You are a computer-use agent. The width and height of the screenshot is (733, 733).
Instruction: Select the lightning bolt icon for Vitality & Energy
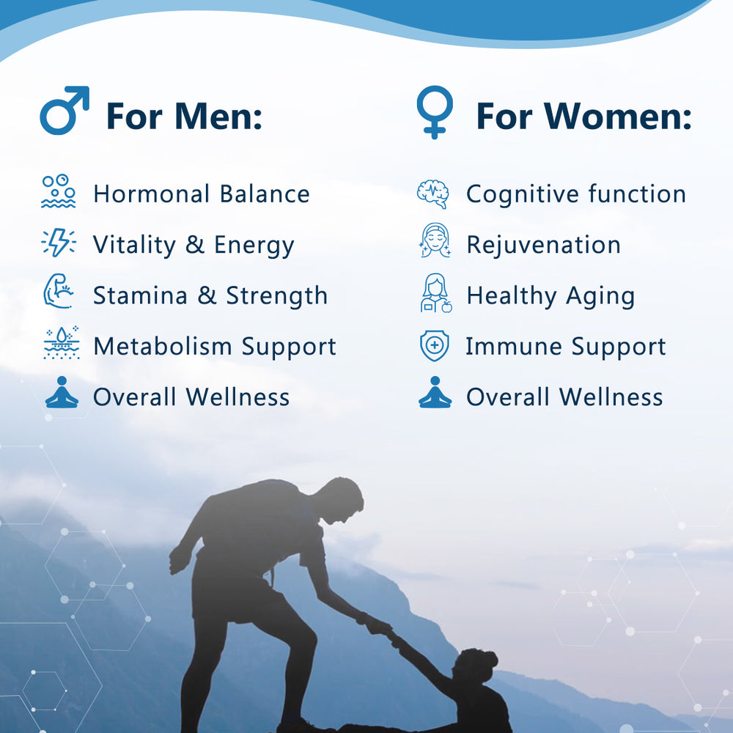59,243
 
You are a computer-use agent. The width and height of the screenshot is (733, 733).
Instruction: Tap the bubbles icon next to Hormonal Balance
59,191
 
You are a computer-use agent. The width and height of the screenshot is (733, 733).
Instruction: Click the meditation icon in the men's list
62,393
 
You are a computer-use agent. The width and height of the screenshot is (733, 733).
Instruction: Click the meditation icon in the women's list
435,393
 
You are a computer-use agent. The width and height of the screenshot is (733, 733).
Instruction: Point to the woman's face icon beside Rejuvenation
435,240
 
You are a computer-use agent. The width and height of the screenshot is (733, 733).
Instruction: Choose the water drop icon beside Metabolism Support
62,342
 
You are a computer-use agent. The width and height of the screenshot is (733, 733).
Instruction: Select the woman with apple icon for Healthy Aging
435,293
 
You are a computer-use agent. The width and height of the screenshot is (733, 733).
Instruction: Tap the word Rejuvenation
544,246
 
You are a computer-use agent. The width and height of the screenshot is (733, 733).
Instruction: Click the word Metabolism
163,347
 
